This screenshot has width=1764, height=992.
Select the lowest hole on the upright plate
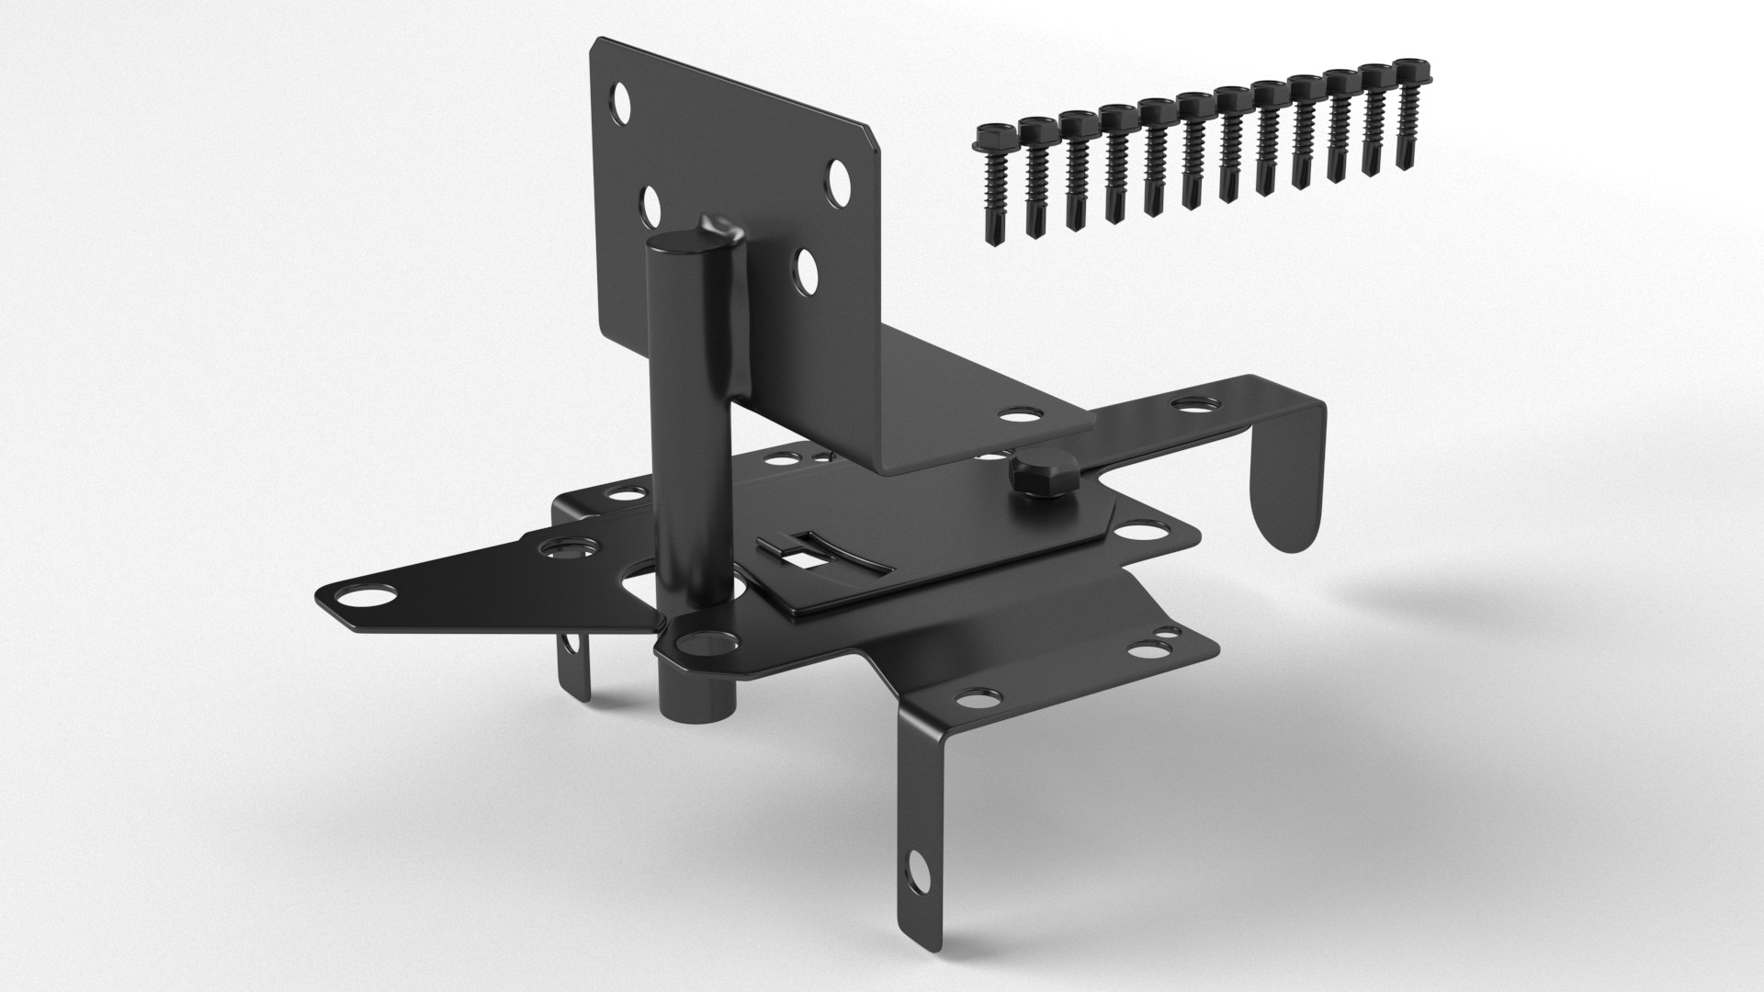(808, 271)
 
